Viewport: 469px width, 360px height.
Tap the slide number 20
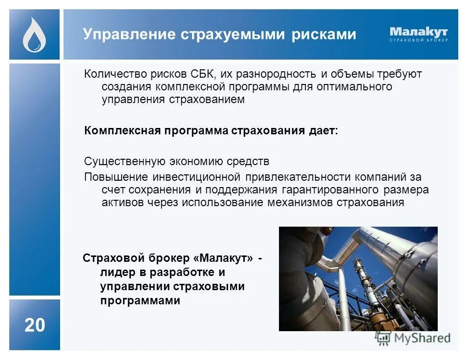[x=34, y=325]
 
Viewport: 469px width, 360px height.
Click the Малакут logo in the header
[x=418, y=32]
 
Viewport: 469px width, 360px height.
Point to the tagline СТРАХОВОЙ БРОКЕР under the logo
[x=418, y=41]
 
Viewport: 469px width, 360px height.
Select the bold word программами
[x=140, y=300]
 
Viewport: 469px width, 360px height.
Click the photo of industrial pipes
[x=358, y=278]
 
